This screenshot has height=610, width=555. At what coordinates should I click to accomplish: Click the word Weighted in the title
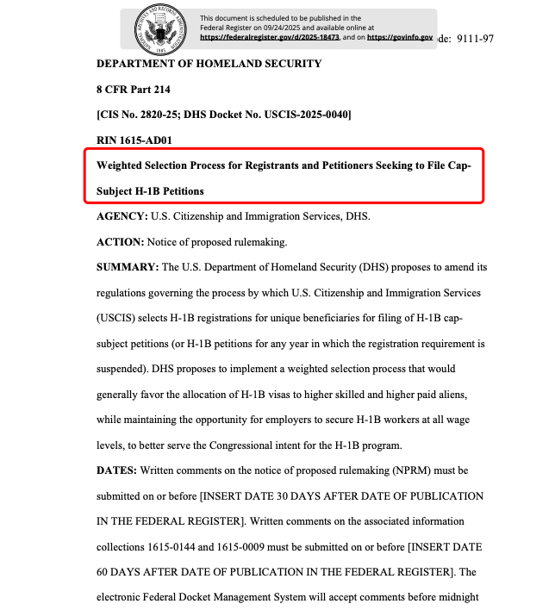pos(123,165)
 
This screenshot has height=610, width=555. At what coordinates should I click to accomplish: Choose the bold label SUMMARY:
pos(128,267)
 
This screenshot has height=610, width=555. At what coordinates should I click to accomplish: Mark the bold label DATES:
pos(115,471)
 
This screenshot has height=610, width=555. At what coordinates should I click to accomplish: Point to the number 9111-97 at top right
pos(477,40)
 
